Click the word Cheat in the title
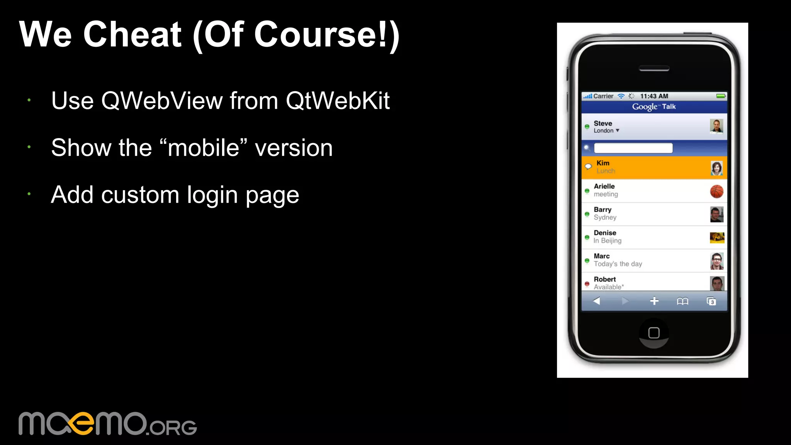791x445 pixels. [132, 35]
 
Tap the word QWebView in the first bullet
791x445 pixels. [162, 101]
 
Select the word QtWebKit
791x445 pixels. [338, 101]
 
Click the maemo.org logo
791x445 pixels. [107, 424]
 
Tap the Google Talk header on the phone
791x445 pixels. [654, 107]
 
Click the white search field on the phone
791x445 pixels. [633, 148]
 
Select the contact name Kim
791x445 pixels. [603, 163]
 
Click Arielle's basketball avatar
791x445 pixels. [716, 191]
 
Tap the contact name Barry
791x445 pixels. [603, 210]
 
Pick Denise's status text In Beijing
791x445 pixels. [608, 241]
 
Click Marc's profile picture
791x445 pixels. [717, 261]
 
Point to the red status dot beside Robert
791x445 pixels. [587, 284]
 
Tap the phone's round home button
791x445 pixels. [654, 333]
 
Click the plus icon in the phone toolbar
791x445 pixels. [654, 301]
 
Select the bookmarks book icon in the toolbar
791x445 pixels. [682, 301]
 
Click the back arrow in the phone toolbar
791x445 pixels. [596, 301]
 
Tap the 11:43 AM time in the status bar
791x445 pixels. [654, 96]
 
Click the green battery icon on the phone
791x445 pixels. [721, 96]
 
